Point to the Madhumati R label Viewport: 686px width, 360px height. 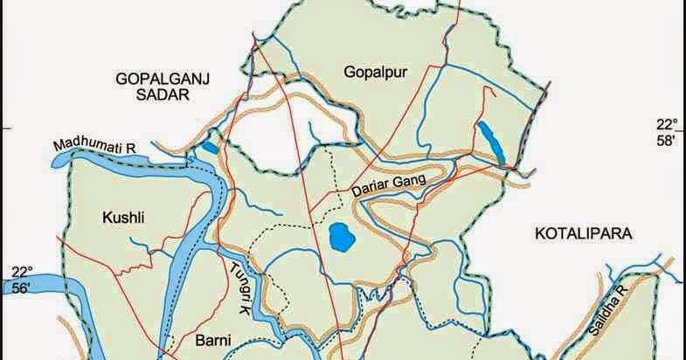(x=94, y=144)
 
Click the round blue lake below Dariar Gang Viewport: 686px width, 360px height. (x=340, y=236)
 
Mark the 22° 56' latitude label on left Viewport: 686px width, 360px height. (x=21, y=279)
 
